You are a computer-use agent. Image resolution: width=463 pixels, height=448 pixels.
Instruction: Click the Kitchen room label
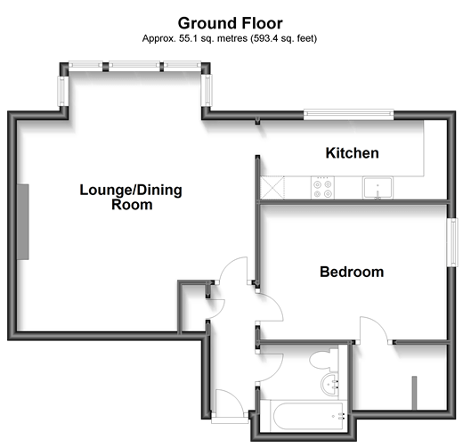(x=352, y=153)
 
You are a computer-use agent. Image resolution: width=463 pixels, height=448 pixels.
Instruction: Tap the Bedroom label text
(x=352, y=272)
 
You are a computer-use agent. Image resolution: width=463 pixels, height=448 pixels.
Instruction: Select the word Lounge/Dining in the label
(x=115, y=189)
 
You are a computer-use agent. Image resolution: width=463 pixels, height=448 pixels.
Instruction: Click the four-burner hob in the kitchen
(x=321, y=188)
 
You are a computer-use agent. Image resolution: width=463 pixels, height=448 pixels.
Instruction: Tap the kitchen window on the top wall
(x=348, y=113)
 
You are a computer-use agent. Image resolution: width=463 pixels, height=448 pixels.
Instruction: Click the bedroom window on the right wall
(x=451, y=240)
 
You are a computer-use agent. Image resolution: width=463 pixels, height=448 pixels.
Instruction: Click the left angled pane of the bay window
(x=63, y=90)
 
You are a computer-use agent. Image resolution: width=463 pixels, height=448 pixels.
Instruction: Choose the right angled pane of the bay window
(x=207, y=90)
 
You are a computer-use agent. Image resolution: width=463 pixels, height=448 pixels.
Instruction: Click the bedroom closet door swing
(x=374, y=330)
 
